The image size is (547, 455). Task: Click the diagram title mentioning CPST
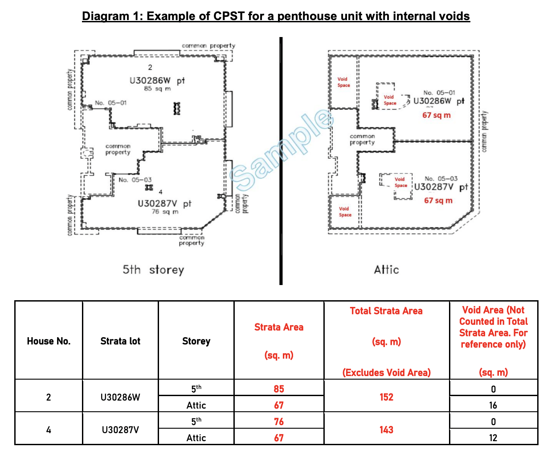click(276, 17)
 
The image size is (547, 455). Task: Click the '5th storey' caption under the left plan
click(153, 270)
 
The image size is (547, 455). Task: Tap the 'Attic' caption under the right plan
click(386, 269)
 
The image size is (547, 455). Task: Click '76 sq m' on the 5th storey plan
click(165, 211)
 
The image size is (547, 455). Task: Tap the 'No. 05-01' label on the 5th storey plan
click(110, 103)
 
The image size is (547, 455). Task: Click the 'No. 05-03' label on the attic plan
click(441, 178)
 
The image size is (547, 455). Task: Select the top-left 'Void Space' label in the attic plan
click(343, 82)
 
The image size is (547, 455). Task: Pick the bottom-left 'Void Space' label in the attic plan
click(345, 211)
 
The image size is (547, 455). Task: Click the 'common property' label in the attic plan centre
click(362, 139)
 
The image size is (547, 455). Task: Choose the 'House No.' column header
click(49, 341)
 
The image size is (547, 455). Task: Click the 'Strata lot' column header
click(120, 341)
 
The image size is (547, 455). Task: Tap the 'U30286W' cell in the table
click(120, 397)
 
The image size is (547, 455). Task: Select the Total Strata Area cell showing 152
click(386, 397)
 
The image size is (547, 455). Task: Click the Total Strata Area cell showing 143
click(386, 430)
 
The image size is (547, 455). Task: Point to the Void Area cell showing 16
click(493, 405)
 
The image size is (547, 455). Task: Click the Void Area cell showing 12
click(493, 438)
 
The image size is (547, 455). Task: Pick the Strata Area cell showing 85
click(279, 389)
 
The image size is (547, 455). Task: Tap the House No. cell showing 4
click(49, 430)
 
